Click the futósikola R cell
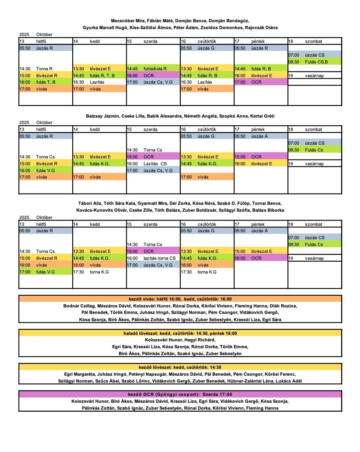(x=153, y=69)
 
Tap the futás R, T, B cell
(x=99, y=75)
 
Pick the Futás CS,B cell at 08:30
(x=314, y=62)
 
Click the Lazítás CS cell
(x=153, y=164)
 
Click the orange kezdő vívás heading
(x=180, y=299)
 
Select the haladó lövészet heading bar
(x=180, y=334)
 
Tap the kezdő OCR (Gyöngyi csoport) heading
(x=180, y=394)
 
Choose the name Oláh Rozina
(x=285, y=306)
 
